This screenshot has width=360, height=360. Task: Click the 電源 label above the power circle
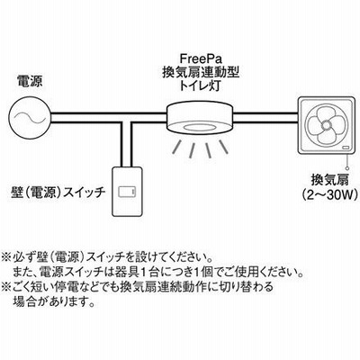[30, 81]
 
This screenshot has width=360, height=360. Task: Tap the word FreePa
[201, 58]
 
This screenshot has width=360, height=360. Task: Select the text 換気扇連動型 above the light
[201, 72]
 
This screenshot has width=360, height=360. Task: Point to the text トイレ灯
[201, 86]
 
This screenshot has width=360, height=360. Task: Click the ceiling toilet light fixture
[200, 117]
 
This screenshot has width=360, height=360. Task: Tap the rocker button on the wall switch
[127, 192]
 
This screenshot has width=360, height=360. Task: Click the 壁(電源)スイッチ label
[57, 192]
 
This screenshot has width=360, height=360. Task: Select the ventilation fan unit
[326, 124]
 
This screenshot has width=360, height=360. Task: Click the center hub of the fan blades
[326, 124]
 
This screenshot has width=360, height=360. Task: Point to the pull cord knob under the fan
[347, 168]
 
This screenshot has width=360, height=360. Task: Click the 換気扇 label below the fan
[330, 180]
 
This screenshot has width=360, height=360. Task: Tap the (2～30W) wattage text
[330, 194]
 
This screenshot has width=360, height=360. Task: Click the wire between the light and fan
[265, 118]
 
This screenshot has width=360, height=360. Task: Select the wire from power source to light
[109, 118]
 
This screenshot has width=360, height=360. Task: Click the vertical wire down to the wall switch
[126, 145]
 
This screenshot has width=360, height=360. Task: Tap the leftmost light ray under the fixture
[177, 148]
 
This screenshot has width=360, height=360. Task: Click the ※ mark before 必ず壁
[6, 257]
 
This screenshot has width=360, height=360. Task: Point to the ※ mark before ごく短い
[6, 286]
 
